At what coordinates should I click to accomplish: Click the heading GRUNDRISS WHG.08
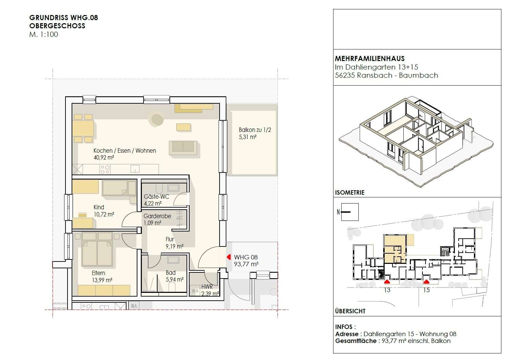64,18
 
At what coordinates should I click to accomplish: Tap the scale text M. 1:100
44,34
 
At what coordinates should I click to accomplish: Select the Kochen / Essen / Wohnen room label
125,151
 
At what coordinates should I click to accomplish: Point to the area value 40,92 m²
104,157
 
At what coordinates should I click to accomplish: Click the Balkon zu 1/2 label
255,130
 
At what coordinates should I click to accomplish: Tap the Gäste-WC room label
156,196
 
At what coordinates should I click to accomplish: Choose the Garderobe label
157,216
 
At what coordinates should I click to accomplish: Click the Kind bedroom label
99,207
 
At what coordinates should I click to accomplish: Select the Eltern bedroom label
98,273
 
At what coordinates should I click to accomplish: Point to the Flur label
170,239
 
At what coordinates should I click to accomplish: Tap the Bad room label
170,273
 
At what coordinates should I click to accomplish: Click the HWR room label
207,287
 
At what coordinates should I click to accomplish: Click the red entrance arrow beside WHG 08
229,257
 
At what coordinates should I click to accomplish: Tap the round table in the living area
157,120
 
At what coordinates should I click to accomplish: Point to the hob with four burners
105,170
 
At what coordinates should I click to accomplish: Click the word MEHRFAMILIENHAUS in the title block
370,59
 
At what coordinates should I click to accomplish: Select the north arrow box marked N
350,212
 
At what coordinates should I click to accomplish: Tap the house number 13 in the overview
387,290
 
